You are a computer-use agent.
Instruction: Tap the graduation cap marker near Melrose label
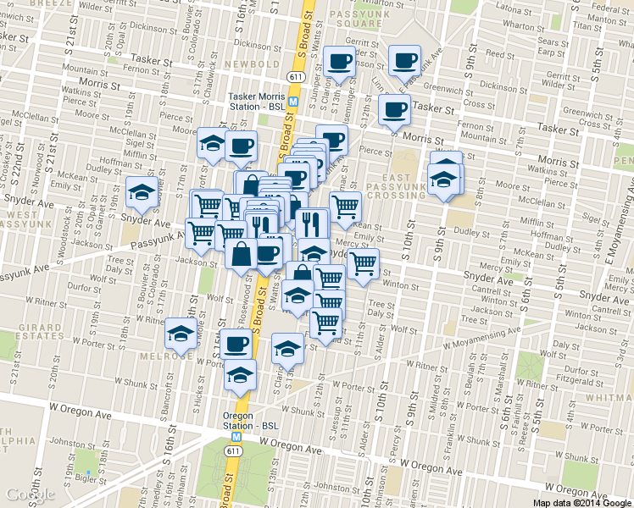(179, 334)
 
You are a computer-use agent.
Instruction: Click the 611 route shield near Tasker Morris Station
(294, 76)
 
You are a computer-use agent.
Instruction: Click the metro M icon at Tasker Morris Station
(293, 101)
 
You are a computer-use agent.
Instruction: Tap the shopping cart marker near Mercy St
(363, 262)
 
